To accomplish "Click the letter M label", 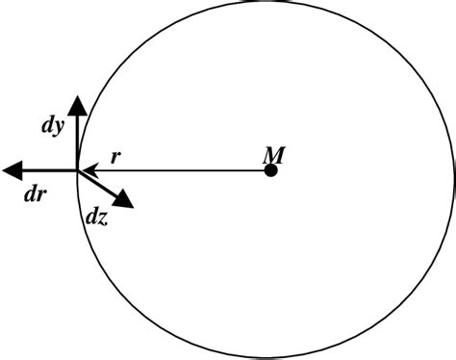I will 272,153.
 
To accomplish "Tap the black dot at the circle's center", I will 271,171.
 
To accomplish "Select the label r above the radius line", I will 114,157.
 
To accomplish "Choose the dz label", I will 95,219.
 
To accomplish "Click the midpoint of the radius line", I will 175,171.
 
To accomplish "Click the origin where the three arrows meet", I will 77,171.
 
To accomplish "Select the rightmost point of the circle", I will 453,180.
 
